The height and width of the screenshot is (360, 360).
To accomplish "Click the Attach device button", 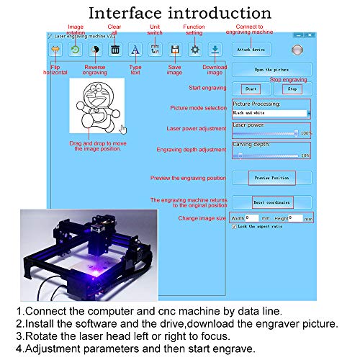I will click(248, 50).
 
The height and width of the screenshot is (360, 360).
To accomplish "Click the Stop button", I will click(292, 89).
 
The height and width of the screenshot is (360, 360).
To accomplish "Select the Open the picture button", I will click(272, 69).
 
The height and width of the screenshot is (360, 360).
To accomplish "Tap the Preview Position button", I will click(271, 177).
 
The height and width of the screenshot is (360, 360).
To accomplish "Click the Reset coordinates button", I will click(271, 202).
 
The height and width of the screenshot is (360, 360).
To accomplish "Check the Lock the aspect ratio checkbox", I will click(235, 226).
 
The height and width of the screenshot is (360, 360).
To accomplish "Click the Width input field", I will click(253, 217).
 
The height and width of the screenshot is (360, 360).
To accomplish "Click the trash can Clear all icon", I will click(114, 50).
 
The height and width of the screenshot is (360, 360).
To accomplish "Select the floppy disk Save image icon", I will click(174, 50).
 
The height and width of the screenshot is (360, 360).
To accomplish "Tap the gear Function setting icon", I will click(194, 50).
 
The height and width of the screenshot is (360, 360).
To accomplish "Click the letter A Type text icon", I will click(135, 50).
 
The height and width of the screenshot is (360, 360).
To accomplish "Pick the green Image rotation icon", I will click(75, 50).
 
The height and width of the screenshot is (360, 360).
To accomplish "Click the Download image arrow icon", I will click(215, 50).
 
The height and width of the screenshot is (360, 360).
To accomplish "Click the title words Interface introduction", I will click(179, 13).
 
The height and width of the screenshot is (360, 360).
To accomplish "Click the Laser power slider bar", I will click(265, 133).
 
